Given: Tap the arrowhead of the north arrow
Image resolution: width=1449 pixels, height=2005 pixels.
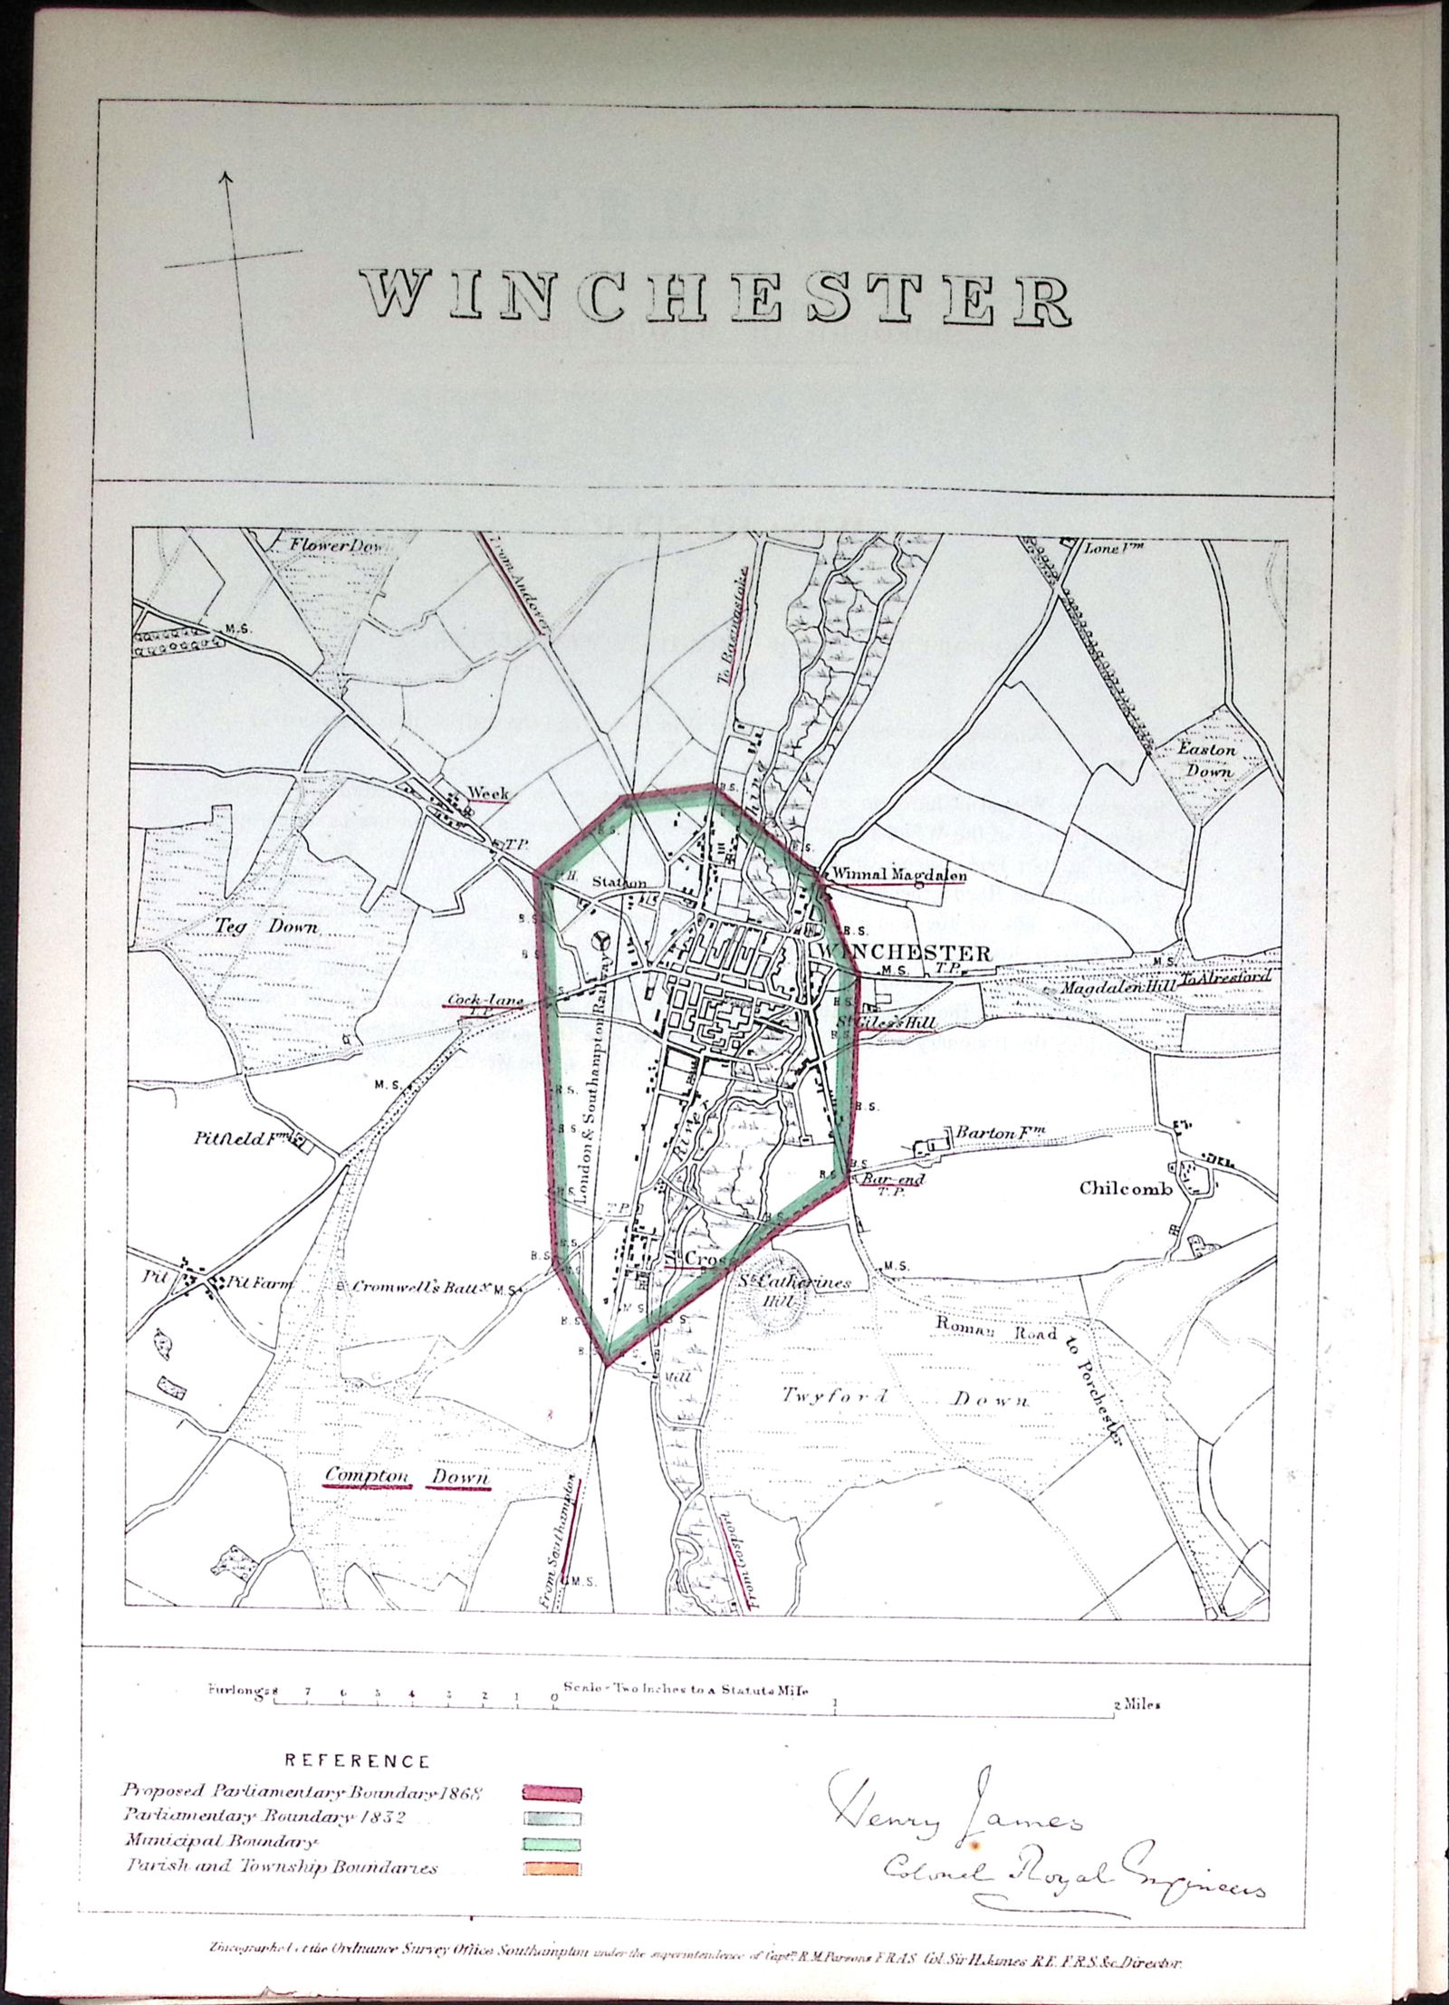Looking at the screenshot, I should (226, 177).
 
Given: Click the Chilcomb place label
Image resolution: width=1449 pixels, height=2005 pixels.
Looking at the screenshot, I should (1125, 1188).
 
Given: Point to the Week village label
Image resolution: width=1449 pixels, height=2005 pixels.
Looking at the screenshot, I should (487, 793).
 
